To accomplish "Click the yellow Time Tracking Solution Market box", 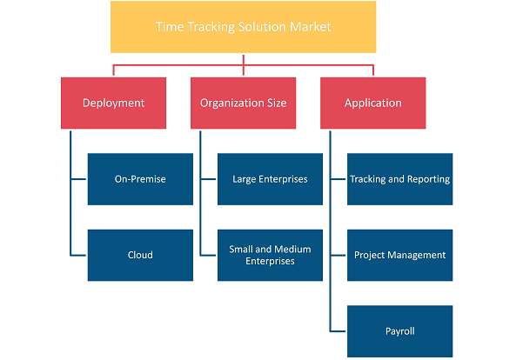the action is point(243,27).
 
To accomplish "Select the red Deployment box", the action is point(113,103).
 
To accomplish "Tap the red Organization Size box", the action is point(243,103).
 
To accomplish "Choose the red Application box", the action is point(373,103).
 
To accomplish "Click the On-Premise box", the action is point(140,179).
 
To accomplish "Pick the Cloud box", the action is point(140,255).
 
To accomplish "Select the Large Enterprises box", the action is point(270,179).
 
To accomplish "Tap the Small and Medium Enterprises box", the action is point(270,255).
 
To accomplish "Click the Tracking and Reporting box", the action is point(400,179).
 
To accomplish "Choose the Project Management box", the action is point(400,255).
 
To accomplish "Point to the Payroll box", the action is point(400,331).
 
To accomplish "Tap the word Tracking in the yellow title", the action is point(211,27).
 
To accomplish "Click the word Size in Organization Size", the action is point(277,103).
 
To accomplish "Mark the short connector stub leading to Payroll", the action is point(339,331).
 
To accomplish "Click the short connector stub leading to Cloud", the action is point(78,256).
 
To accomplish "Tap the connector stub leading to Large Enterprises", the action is point(209,179).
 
